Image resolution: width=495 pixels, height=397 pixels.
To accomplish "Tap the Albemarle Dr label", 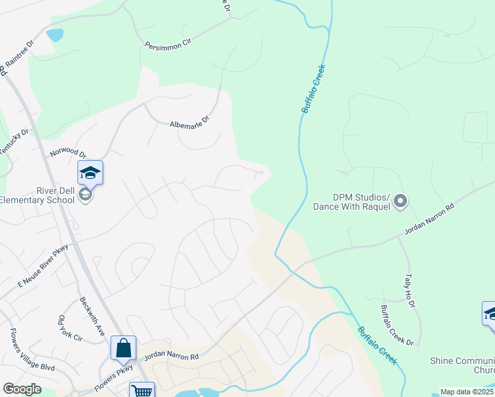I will (x=189, y=122).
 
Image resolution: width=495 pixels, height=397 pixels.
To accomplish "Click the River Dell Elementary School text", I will (x=36, y=195).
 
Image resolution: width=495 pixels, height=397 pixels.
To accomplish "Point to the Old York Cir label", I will (x=69, y=328).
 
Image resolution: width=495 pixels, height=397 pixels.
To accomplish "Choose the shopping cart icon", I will (x=142, y=391).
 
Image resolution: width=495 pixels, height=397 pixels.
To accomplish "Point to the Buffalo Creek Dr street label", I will (x=397, y=325).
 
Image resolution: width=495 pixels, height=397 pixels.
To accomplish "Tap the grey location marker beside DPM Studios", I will (x=400, y=201).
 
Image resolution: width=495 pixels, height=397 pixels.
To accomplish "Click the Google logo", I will (x=22, y=388).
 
